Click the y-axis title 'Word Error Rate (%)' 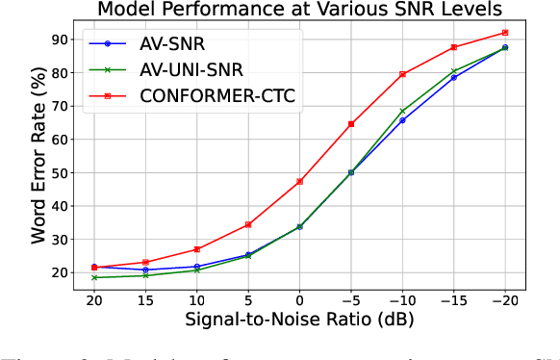[x=38, y=154]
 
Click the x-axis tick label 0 [x=299, y=301]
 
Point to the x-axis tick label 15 [x=145, y=301]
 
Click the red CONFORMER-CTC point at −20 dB [x=505, y=33]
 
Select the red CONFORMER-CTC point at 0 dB [x=299, y=182]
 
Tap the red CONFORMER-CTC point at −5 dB [x=351, y=124]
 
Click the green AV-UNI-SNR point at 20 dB [x=94, y=277]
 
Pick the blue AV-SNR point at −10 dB [x=402, y=120]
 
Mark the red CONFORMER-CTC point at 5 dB [x=248, y=224]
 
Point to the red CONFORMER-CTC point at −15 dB [x=454, y=47]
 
